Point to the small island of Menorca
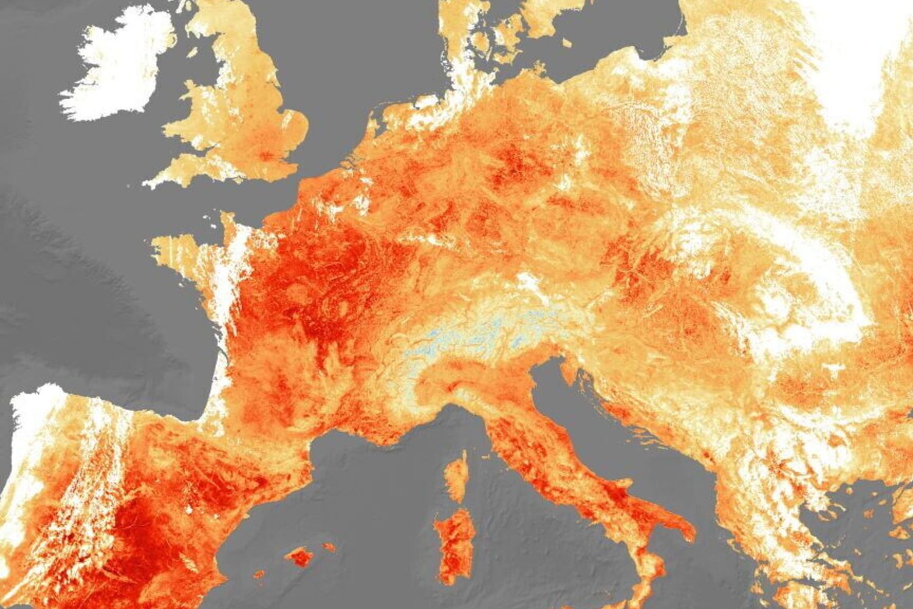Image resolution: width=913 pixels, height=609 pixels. [329, 547]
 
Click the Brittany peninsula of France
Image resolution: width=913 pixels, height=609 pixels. [183, 247]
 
